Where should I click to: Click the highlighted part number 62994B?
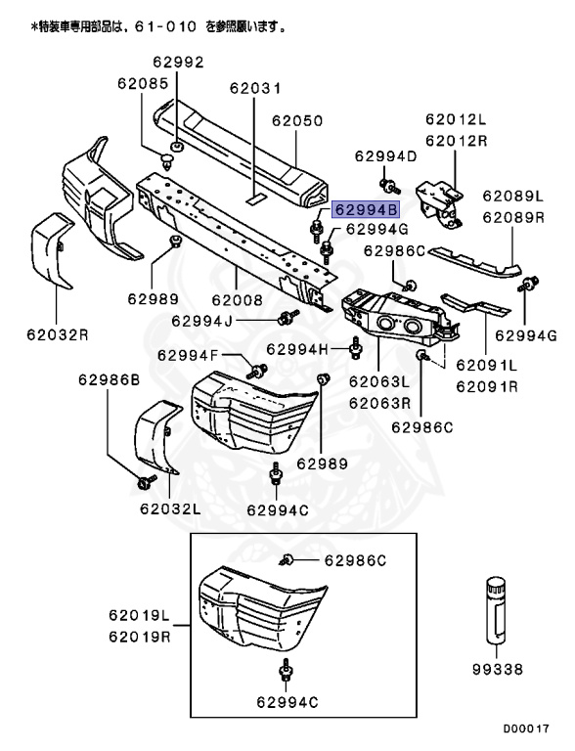pyautogui.click(x=367, y=209)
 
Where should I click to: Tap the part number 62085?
pyautogui.click(x=145, y=85)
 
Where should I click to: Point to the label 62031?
pyautogui.click(x=255, y=88)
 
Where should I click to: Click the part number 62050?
pyautogui.click(x=297, y=121)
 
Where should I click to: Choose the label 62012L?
pyautogui.click(x=455, y=119)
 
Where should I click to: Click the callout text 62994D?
pyautogui.click(x=385, y=156)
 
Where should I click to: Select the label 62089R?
pyautogui.click(x=512, y=218)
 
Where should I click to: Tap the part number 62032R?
pyautogui.click(x=58, y=333)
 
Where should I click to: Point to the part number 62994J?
pyautogui.click(x=201, y=320)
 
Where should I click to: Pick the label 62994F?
pyautogui.click(x=188, y=355)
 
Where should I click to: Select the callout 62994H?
pyautogui.click(x=297, y=349)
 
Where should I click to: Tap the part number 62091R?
pyautogui.click(x=486, y=385)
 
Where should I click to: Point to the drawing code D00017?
pyautogui.click(x=527, y=729)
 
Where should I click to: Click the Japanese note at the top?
pyautogui.click(x=157, y=27)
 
